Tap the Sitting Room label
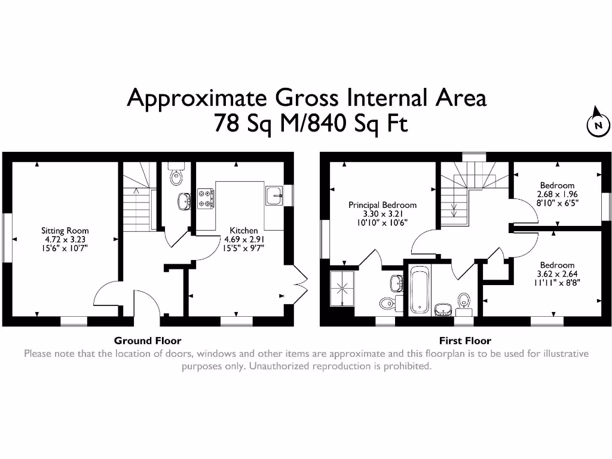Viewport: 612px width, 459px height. [x=65, y=230]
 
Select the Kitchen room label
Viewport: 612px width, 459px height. [x=244, y=230]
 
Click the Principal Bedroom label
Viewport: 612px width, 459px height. [x=382, y=205]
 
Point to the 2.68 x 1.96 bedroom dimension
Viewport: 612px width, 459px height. [x=558, y=194]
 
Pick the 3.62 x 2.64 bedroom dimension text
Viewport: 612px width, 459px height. [x=557, y=274]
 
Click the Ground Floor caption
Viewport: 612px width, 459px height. [x=148, y=341]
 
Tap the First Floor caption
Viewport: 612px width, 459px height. [x=465, y=341]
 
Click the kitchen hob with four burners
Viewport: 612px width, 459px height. [x=206, y=199]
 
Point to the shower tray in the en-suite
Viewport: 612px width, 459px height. [x=344, y=288]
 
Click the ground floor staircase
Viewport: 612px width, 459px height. [x=139, y=197]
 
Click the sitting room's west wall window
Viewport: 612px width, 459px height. [x=7, y=237]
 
